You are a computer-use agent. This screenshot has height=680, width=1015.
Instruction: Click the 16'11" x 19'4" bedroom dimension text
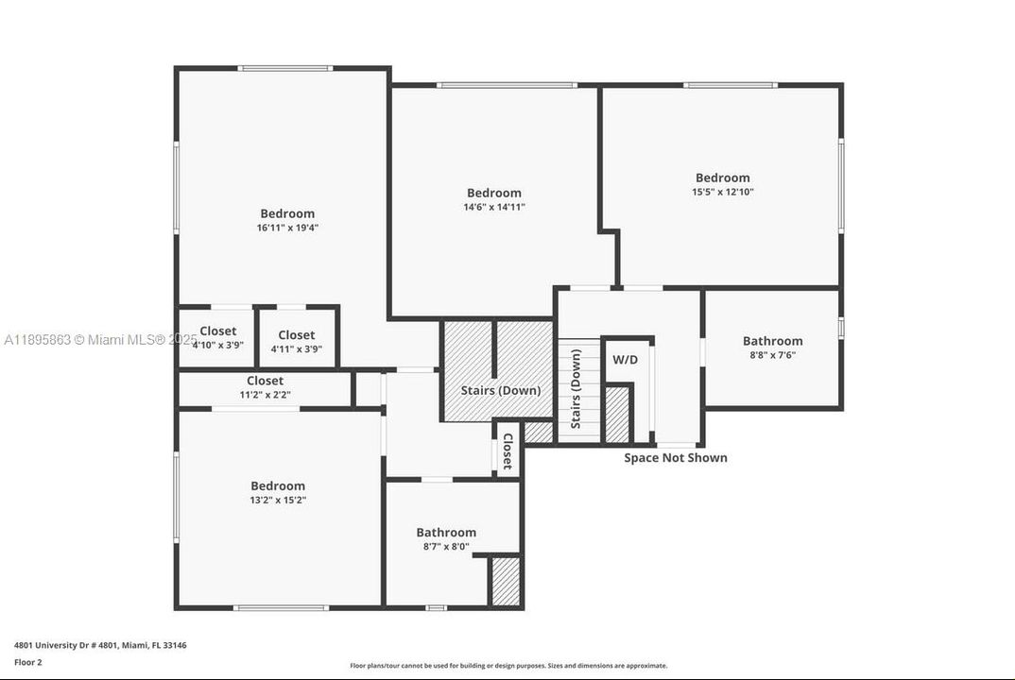[x=287, y=228]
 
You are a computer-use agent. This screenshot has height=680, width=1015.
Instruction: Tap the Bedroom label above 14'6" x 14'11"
[x=493, y=193]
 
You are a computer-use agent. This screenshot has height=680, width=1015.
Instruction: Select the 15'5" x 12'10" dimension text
[x=722, y=192]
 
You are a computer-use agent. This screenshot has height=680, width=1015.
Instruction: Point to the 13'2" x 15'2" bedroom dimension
[x=277, y=500]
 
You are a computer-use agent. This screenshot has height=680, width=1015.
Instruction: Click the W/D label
[x=625, y=360]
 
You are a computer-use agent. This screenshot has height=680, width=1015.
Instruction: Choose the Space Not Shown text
[x=675, y=458]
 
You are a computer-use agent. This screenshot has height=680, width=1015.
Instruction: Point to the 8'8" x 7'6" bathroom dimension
[x=772, y=355]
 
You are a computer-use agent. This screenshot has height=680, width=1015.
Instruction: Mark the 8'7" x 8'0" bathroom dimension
[x=446, y=546]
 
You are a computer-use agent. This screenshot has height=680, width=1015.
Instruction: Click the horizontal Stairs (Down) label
[x=500, y=390]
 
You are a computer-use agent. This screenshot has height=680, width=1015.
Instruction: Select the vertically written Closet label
[x=507, y=451]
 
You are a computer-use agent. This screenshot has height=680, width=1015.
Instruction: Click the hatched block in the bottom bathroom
[x=506, y=582]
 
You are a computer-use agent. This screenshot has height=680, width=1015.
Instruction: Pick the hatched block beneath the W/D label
[x=616, y=414]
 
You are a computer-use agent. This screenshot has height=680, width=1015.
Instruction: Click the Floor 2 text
[x=28, y=662]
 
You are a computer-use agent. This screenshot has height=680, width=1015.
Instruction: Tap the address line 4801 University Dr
[x=100, y=645]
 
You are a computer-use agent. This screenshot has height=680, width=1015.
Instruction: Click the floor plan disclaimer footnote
[x=508, y=666]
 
